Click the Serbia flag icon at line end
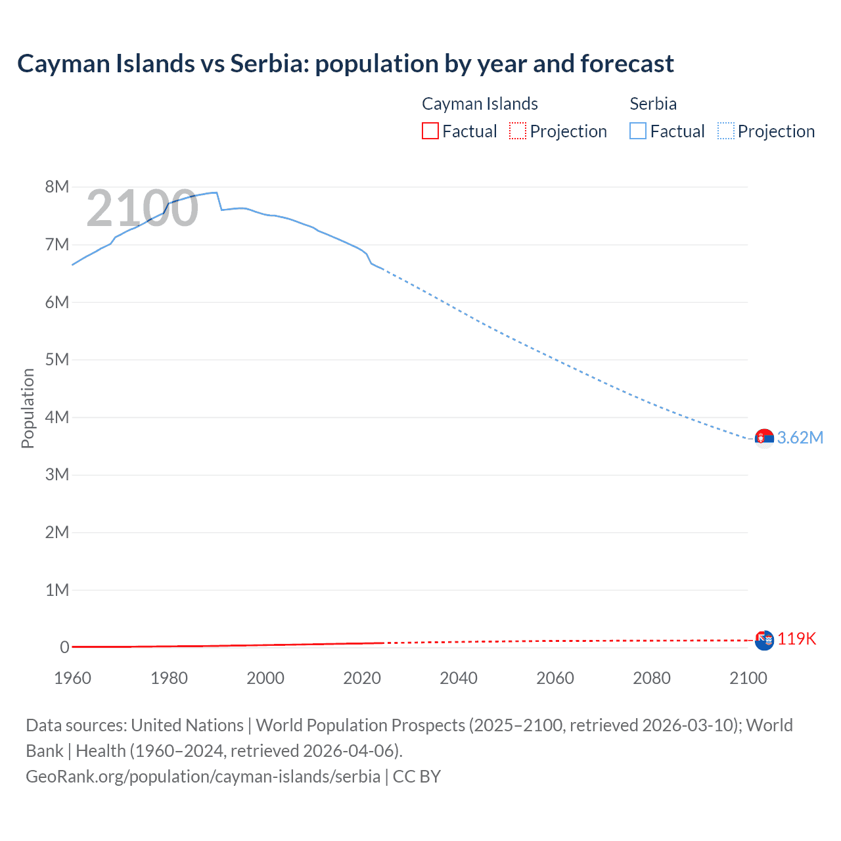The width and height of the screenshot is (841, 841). click(x=764, y=438)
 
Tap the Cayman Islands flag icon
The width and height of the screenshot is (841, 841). click(x=764, y=640)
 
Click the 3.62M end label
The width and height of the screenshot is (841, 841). click(x=800, y=438)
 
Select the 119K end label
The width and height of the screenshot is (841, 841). click(x=796, y=639)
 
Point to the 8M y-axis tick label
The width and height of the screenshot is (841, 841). click(x=57, y=187)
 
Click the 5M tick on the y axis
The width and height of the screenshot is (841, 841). click(x=57, y=359)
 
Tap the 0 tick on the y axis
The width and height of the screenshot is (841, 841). click(x=64, y=647)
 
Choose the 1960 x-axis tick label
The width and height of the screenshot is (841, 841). click(x=72, y=678)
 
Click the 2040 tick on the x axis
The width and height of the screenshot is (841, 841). click(x=459, y=678)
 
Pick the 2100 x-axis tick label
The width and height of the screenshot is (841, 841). click(x=748, y=678)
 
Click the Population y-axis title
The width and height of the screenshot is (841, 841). click(x=28, y=408)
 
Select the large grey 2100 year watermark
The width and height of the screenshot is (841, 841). click(x=142, y=208)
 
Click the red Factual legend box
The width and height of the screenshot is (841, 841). click(x=430, y=131)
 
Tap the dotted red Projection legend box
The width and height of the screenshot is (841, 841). click(x=518, y=131)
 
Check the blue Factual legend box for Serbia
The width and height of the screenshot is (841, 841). click(x=638, y=131)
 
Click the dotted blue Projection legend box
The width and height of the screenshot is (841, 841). click(x=726, y=131)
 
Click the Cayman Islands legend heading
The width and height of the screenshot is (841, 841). click(x=480, y=104)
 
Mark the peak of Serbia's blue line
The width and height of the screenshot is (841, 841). click(x=215, y=193)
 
